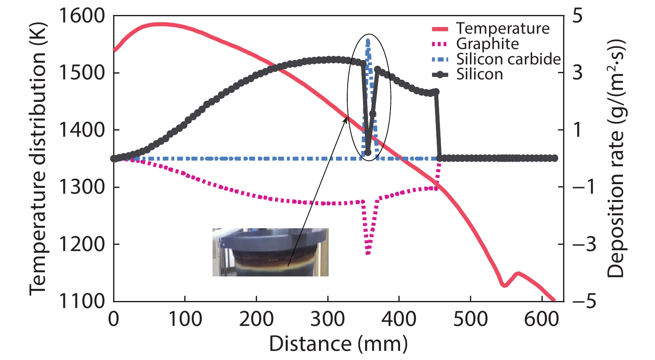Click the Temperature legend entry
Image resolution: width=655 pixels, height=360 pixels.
[x=502, y=29]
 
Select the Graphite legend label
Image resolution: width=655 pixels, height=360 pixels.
[x=487, y=44]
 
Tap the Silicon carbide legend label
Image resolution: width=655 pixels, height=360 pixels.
[x=508, y=59]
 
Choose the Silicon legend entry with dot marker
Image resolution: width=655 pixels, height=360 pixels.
[x=480, y=75]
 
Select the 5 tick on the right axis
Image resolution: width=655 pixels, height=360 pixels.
[x=578, y=16]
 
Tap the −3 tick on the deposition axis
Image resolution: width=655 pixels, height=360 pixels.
[x=583, y=244]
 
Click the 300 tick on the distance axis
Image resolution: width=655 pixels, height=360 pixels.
[x=328, y=319]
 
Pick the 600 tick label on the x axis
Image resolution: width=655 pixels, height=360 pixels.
[x=541, y=319]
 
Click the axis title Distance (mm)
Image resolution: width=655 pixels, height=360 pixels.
[x=338, y=344]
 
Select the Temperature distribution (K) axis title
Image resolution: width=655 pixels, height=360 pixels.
[x=38, y=159]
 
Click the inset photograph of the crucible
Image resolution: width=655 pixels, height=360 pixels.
[x=270, y=252]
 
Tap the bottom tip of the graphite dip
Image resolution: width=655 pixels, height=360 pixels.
[x=368, y=254]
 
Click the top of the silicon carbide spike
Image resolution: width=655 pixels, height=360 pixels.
[x=368, y=41]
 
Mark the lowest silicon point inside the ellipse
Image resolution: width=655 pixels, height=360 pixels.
[x=368, y=153]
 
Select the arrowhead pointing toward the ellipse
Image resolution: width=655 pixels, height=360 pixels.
[x=346, y=119]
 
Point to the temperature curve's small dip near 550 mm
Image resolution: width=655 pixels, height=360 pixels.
[x=504, y=285]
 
